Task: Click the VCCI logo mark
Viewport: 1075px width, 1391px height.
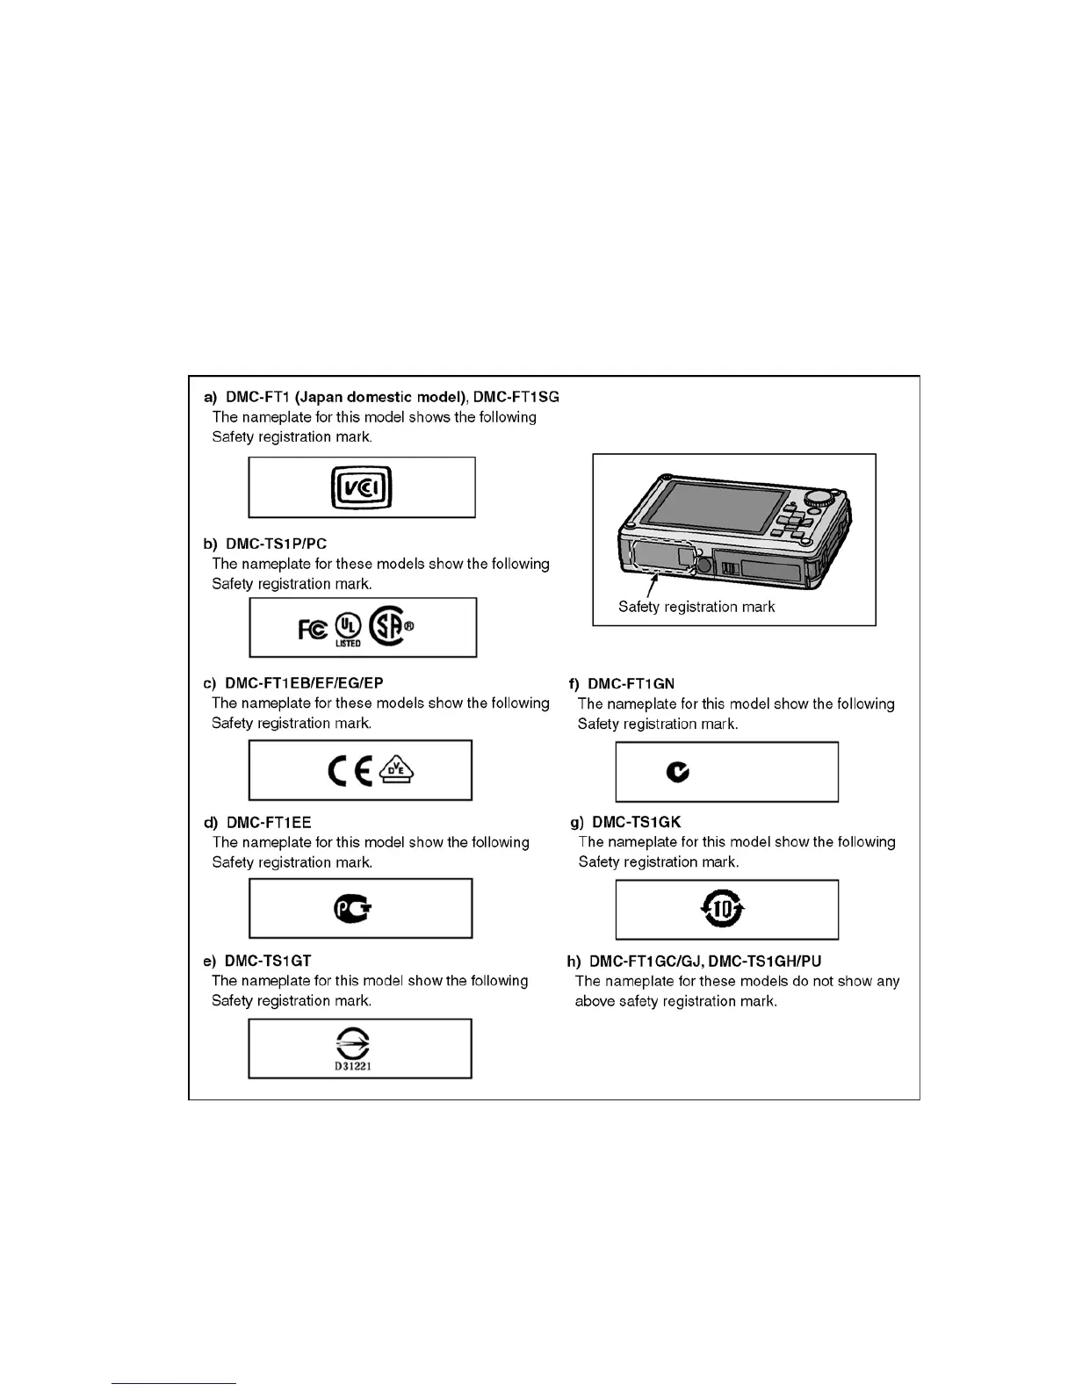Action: point(361,487)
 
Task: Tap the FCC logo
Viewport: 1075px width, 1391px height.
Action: point(313,628)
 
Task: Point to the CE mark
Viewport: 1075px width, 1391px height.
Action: point(350,770)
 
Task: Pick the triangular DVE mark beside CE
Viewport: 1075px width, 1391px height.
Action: point(397,771)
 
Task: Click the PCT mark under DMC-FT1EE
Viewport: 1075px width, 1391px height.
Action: point(353,909)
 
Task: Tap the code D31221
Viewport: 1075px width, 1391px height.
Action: point(351,1067)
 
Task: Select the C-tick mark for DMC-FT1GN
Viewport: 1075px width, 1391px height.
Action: point(677,772)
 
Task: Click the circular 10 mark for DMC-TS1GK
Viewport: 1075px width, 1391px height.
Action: point(723,909)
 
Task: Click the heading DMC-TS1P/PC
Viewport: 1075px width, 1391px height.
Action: point(276,544)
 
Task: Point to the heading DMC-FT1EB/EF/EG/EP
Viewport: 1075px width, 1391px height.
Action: point(304,682)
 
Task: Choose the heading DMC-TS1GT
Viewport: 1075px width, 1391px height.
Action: point(268,961)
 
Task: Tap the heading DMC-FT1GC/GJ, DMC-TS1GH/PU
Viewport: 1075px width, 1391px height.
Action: point(705,961)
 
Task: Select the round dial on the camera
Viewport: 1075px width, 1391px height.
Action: point(819,496)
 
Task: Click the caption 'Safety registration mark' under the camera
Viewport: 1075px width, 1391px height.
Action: point(696,606)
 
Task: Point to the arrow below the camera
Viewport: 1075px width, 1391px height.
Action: point(651,583)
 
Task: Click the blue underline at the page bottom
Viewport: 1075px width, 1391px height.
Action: point(174,1384)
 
